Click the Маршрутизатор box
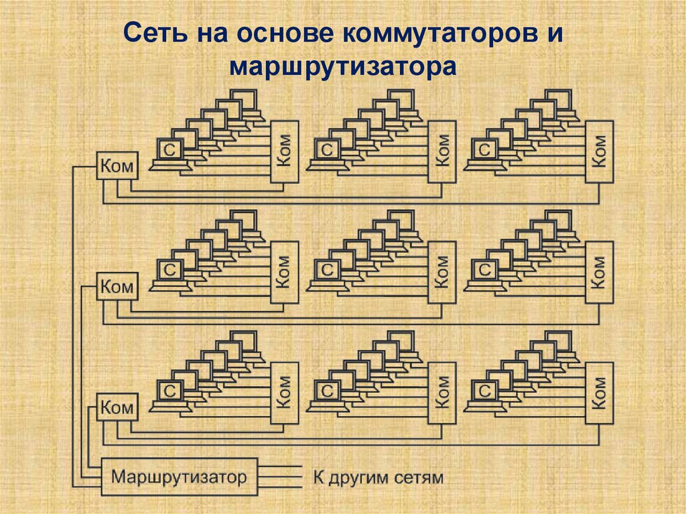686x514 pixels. point(179,477)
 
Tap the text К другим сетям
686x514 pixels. point(378,478)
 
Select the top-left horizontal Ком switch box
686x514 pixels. point(117,166)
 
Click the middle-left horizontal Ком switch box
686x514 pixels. point(117,286)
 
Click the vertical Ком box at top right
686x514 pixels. point(600,151)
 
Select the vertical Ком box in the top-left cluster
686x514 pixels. point(283,151)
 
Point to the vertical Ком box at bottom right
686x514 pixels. point(600,393)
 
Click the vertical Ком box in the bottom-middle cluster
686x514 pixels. point(442,393)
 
